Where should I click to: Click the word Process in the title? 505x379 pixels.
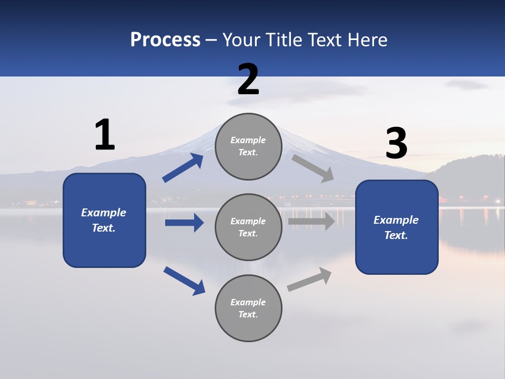pos(165,40)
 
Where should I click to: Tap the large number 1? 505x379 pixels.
pos(105,135)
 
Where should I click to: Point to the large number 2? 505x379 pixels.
pos(248,80)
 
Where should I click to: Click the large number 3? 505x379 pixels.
pos(396,144)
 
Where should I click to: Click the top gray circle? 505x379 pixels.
pos(248,146)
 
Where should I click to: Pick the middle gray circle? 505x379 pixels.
pos(248,227)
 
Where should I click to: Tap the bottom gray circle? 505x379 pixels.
pos(248,308)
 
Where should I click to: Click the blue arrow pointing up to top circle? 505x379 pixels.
pos(183,168)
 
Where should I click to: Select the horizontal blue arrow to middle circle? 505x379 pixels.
pos(184,223)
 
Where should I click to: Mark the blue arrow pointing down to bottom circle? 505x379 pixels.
pos(184,280)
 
